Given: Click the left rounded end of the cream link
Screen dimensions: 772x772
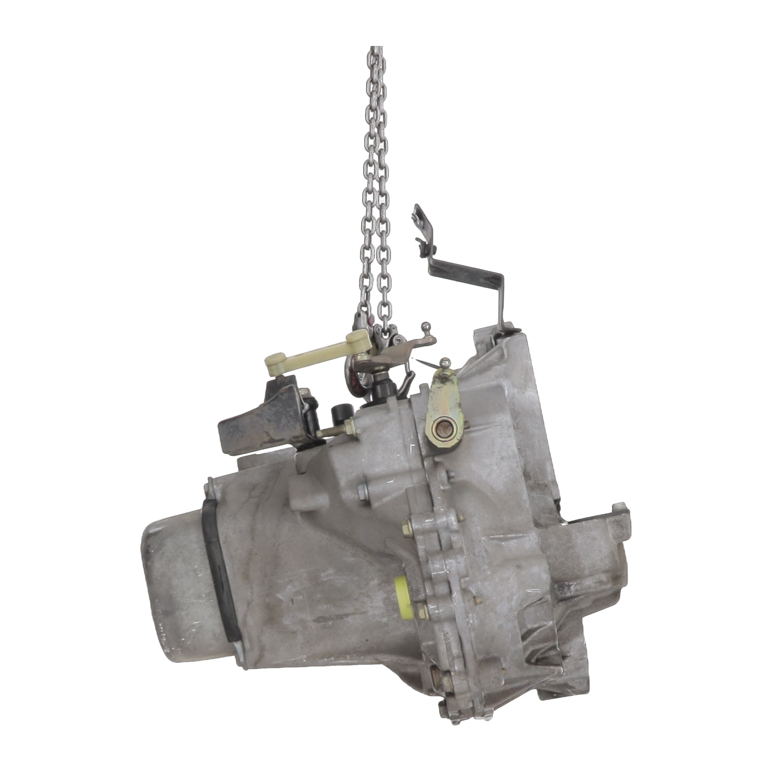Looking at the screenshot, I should (x=273, y=359).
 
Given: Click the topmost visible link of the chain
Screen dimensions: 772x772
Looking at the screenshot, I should (x=376, y=50).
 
